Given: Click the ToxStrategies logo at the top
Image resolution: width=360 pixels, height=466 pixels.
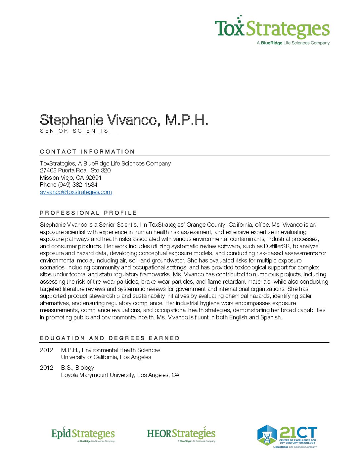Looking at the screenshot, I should point(272,29).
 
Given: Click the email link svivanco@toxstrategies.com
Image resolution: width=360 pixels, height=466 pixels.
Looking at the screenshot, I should point(76,192).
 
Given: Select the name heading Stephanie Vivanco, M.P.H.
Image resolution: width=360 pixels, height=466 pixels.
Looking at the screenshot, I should point(124,120).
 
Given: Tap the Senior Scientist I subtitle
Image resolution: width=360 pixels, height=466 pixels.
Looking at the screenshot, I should point(79,131).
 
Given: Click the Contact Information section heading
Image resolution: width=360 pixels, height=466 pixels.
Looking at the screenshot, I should point(87,152).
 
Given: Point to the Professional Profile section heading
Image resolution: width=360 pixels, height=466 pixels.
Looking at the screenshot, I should point(88,213).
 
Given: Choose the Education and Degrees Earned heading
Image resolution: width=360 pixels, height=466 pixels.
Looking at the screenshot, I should point(110,338).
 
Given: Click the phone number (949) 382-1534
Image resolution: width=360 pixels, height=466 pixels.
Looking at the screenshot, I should point(78,185).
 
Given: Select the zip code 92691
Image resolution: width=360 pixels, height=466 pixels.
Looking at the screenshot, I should point(94,178).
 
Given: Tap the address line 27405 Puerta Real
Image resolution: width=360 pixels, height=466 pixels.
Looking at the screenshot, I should point(75,170).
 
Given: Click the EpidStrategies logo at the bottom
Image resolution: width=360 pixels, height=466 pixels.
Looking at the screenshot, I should point(83,434).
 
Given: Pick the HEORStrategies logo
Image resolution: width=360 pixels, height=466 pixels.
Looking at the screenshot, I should point(181,434).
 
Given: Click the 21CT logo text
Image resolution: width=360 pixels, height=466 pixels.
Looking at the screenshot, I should point(298,433).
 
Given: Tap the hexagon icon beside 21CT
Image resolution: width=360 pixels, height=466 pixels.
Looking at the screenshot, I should point(267,435).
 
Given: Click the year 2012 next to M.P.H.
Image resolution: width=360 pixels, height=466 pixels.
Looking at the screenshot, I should point(47,350).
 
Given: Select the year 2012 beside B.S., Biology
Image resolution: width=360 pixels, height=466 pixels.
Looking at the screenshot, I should point(47,368).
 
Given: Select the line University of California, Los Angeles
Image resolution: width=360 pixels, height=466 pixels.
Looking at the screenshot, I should point(106,357).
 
